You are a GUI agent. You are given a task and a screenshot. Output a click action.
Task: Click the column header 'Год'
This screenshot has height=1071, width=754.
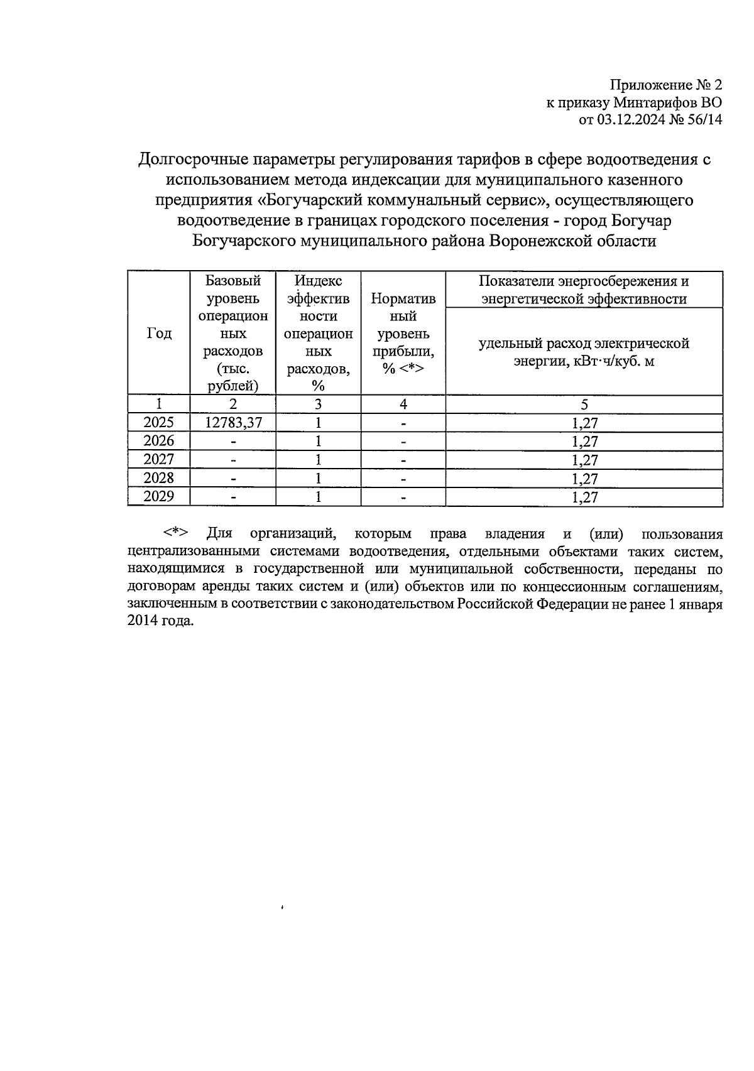click(159, 334)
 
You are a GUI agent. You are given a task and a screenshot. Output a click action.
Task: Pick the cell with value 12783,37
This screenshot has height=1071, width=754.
click(233, 422)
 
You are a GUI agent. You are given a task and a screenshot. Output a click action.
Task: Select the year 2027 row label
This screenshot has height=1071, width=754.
click(159, 459)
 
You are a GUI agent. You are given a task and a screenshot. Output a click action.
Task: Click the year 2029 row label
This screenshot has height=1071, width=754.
click(159, 496)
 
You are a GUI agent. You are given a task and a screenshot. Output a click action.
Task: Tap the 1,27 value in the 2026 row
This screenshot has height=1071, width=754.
click(584, 441)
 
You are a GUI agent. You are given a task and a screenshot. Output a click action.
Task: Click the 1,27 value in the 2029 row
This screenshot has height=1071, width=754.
click(584, 497)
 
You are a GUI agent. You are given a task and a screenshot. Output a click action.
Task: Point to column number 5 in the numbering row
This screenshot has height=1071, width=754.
click(584, 404)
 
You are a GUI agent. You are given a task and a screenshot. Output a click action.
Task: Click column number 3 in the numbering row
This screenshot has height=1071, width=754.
click(318, 404)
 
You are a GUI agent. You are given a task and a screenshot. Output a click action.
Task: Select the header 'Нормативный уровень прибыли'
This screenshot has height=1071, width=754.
click(403, 334)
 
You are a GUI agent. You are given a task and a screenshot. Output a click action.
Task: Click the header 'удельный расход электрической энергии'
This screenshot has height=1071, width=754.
click(584, 352)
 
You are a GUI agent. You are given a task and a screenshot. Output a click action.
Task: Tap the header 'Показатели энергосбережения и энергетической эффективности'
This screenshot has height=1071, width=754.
click(584, 290)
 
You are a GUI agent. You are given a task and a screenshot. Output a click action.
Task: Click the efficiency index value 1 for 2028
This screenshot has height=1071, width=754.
click(318, 478)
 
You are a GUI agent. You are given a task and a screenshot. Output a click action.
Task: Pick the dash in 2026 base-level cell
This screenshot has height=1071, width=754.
click(233, 441)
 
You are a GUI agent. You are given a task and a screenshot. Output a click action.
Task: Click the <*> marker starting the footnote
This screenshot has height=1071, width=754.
click(175, 533)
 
